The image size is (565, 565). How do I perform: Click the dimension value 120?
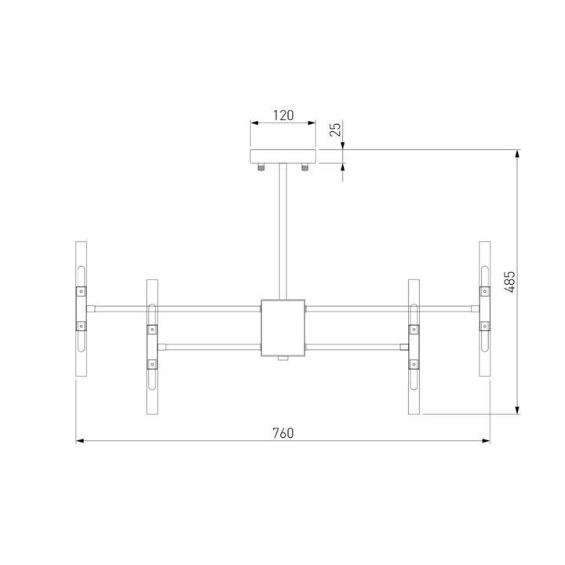pyautogui.click(x=282, y=115)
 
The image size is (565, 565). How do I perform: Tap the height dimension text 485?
pyautogui.click(x=508, y=281)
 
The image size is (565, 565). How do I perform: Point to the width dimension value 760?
pyautogui.click(x=282, y=433)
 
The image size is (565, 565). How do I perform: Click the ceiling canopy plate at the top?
pyautogui.click(x=282, y=155)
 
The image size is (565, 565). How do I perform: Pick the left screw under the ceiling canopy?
pyautogui.click(x=261, y=166)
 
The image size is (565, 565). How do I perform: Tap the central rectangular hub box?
pyautogui.click(x=282, y=326)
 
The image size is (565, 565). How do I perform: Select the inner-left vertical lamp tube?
pyautogui.click(x=152, y=346)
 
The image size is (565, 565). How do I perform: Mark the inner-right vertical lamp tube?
pyautogui.click(x=414, y=346)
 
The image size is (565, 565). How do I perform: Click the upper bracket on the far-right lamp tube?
pyautogui.click(x=485, y=291)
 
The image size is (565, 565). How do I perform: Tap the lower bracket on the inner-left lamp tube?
pyautogui.click(x=152, y=364)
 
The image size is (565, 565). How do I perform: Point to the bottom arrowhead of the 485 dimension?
pyautogui.click(x=517, y=410)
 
